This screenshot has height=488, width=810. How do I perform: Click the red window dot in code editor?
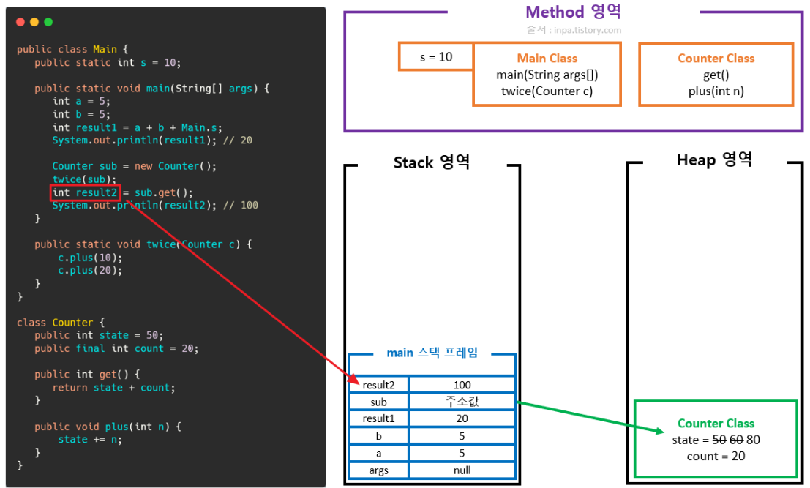click(x=20, y=22)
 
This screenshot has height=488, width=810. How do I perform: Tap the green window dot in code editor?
click(x=48, y=22)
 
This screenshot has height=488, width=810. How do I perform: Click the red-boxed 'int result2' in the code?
click(x=85, y=193)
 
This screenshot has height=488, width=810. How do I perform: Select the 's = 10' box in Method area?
click(x=436, y=56)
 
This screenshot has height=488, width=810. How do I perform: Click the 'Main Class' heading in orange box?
click(x=547, y=59)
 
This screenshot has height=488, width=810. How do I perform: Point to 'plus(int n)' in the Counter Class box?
click(x=716, y=91)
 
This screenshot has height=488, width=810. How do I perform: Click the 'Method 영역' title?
click(x=573, y=12)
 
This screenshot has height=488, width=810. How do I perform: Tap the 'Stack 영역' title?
click(x=432, y=162)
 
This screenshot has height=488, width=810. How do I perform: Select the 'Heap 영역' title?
click(x=714, y=159)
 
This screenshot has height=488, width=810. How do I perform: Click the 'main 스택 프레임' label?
click(x=432, y=353)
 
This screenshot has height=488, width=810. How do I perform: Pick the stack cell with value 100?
click(x=462, y=385)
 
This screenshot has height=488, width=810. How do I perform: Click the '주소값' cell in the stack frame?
click(x=462, y=402)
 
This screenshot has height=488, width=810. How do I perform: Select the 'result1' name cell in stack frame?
click(x=379, y=418)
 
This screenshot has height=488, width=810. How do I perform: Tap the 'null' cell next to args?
click(x=462, y=470)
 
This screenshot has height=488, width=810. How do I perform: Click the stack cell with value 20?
click(x=462, y=418)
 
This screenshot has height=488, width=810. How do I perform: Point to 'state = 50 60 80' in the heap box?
click(x=716, y=440)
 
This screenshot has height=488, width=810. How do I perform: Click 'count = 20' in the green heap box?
click(x=716, y=456)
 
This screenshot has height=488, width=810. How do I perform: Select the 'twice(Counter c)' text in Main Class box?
click(x=547, y=91)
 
